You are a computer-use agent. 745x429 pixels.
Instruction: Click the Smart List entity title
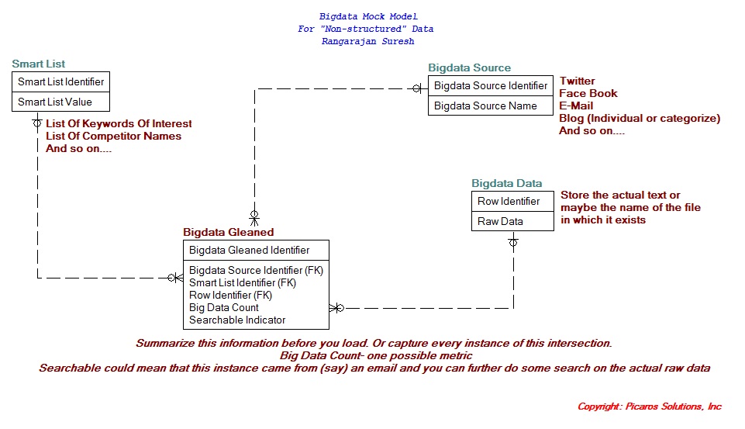coord(39,64)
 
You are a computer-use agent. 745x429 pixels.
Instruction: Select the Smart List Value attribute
coord(55,102)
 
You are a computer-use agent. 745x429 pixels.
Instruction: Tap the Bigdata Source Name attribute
coord(485,106)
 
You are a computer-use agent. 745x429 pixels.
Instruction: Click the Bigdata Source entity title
coord(470,68)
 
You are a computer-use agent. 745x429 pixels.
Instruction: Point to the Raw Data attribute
coord(500,221)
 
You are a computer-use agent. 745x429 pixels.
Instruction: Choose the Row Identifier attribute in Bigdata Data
coord(509,201)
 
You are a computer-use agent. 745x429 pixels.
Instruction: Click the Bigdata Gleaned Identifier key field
coord(249,250)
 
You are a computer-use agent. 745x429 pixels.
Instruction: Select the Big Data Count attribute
coord(224,307)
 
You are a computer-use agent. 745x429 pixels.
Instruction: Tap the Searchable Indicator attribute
coord(237,320)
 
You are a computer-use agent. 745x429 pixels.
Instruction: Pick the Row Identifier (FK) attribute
coord(231,295)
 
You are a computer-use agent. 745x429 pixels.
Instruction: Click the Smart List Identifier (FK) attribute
coord(243,282)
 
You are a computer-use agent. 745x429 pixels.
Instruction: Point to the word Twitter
coord(578,81)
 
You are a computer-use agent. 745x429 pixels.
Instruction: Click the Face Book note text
coord(588,93)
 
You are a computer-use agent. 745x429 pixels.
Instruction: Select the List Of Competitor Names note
coord(113,136)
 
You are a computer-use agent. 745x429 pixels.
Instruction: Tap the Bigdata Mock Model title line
coord(368,16)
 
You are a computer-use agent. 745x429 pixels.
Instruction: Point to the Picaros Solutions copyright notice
coord(649,407)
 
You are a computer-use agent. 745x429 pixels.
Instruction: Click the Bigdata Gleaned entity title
coord(228,232)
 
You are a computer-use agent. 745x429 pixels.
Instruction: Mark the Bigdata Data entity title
coord(507,184)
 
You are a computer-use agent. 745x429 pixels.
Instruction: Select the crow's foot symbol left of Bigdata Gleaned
coord(174,277)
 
